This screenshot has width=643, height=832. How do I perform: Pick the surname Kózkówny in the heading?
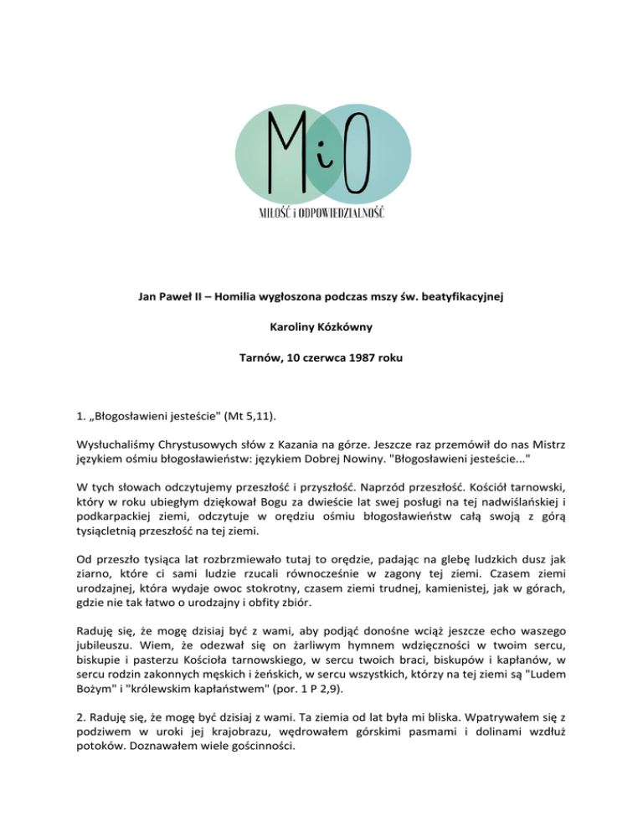pos(352,329)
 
